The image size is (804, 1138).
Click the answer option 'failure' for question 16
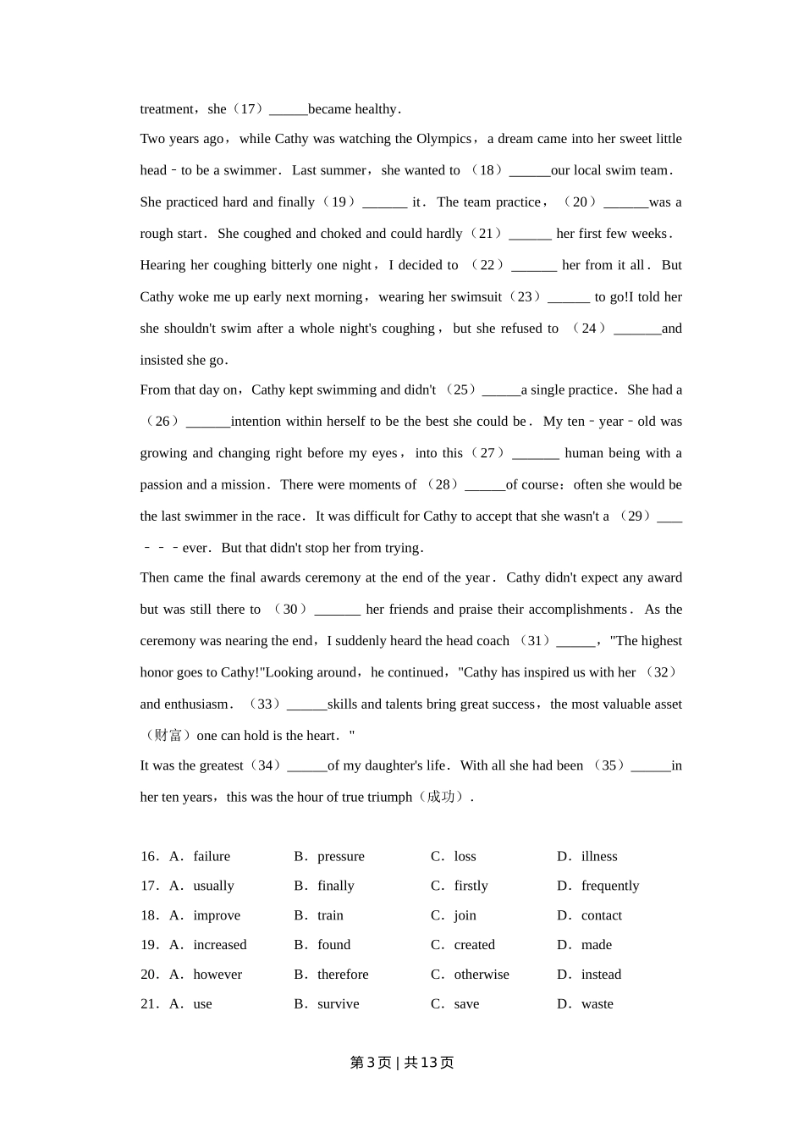(212, 856)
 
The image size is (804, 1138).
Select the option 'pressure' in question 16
(341, 856)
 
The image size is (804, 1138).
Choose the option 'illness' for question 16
(599, 856)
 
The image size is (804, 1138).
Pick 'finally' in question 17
(336, 886)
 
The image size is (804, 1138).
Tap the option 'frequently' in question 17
(610, 886)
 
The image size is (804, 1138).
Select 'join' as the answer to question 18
(465, 915)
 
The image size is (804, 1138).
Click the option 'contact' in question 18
(602, 915)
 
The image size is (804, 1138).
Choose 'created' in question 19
(474, 945)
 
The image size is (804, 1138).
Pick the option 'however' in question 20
(218, 975)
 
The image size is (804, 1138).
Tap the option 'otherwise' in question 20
(482, 975)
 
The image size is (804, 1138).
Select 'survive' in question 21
(339, 1004)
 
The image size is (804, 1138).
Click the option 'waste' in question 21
(597, 1004)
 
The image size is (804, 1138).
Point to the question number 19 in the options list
(149, 945)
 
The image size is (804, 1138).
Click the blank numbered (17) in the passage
(288, 109)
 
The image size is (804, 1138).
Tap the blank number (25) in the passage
(501, 390)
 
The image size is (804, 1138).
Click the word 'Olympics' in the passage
(444, 139)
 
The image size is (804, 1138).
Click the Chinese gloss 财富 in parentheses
(168, 736)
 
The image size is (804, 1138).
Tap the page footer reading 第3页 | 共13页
(402, 1063)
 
